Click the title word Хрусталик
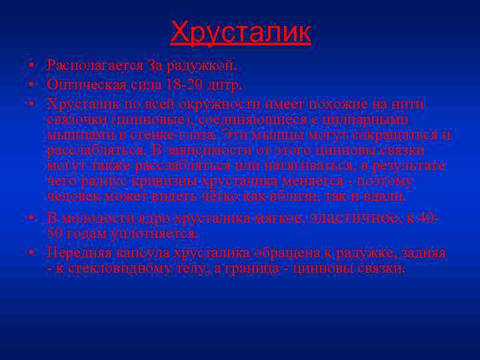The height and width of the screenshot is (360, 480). pyautogui.click(x=240, y=31)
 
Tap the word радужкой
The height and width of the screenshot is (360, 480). pyautogui.click(x=203, y=66)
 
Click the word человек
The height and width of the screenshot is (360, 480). pyautogui.click(x=71, y=196)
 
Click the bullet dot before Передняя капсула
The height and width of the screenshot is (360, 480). pyautogui.click(x=32, y=254)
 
